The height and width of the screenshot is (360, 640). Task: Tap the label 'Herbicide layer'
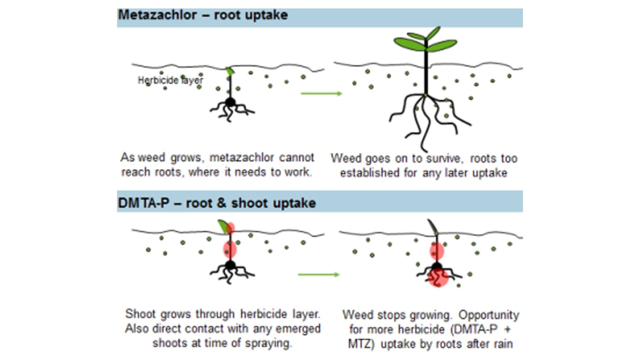click(x=170, y=80)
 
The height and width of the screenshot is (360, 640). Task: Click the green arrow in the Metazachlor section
click(x=321, y=94)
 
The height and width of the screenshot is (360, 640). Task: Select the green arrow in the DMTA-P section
click(x=319, y=274)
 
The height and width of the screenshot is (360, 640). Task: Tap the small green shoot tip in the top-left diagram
click(x=230, y=71)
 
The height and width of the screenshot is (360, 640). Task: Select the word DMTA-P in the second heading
click(x=143, y=203)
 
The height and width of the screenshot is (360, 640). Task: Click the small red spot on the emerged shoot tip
click(x=231, y=227)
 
